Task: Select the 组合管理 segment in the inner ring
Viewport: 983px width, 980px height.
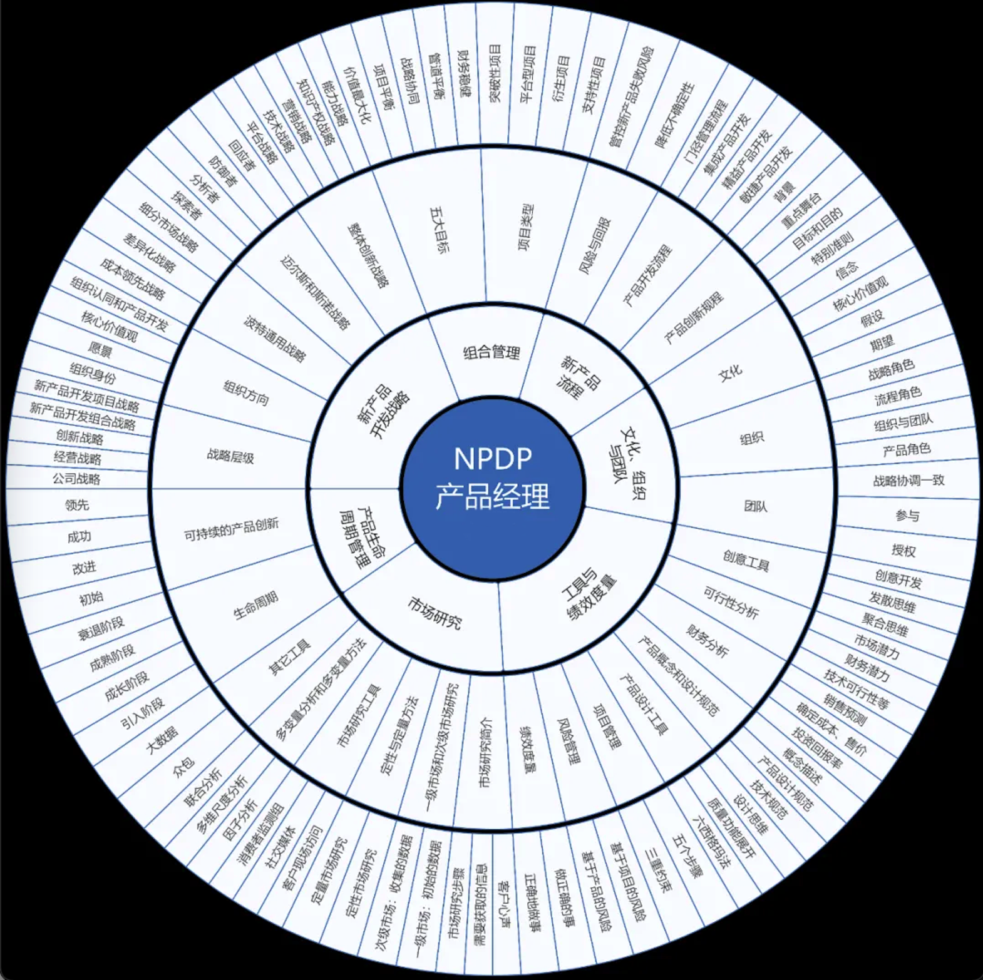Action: [491, 353]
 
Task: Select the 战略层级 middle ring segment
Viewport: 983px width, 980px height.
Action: [230, 456]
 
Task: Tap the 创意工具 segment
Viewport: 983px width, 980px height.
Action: [746, 561]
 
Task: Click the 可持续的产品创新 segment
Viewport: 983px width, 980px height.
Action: [231, 529]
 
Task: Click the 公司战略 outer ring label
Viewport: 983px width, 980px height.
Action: [76, 479]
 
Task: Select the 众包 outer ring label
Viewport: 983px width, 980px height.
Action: [184, 766]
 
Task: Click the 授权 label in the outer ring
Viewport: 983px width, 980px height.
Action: [903, 550]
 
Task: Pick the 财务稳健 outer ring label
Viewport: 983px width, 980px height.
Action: [464, 74]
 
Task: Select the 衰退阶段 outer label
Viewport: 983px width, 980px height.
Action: [101, 628]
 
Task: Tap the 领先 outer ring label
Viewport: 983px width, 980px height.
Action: [77, 505]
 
